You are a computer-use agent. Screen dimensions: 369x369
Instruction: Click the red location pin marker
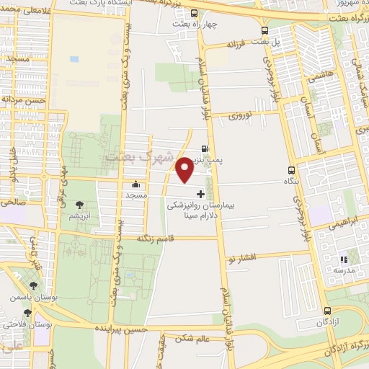[x=184, y=170]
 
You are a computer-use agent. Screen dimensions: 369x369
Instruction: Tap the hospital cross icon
[x=200, y=195]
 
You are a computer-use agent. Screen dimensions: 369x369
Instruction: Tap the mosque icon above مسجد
[x=135, y=184]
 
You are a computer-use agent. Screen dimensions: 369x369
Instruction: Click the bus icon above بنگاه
[x=291, y=171]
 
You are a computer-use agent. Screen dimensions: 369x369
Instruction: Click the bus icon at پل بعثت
[x=265, y=31]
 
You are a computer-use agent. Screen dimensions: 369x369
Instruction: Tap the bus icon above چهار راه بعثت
[x=193, y=13]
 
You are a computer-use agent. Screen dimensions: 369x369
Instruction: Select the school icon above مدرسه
[x=344, y=259]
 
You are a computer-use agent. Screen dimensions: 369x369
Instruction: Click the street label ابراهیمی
[x=328, y=224]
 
